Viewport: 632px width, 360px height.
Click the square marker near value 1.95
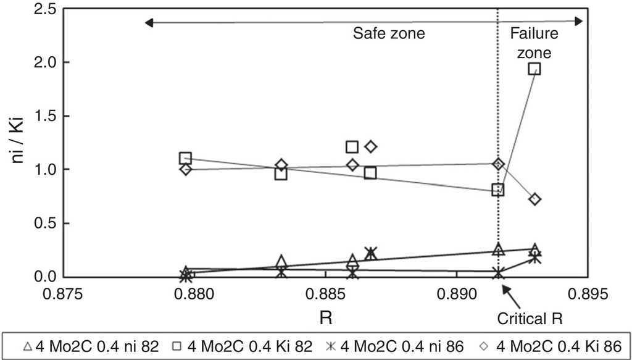point(534,69)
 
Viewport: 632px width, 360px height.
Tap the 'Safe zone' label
point(389,33)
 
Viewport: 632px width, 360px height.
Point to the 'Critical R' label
point(530,319)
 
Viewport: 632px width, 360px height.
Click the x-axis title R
point(325,317)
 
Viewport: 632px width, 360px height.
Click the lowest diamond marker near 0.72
point(535,199)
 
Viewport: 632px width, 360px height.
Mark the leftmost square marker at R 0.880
point(185,158)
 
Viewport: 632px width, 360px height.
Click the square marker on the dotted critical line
point(498,190)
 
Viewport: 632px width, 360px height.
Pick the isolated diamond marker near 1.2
point(371,146)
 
